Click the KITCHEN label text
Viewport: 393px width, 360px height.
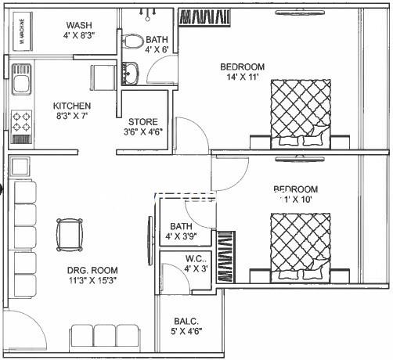[72, 106]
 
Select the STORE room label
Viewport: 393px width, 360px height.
[143, 122]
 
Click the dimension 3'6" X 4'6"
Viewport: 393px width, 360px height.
[143, 133]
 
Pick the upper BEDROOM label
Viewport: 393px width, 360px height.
[242, 67]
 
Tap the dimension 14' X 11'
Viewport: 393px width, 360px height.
[242, 78]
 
